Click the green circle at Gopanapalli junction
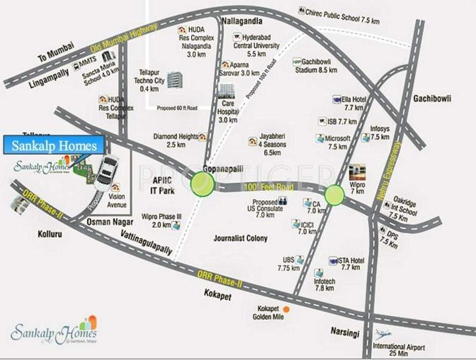pyautogui.click(x=202, y=183)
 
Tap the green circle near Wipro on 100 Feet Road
pyautogui.click(x=334, y=195)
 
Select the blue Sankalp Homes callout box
pyautogui.click(x=54, y=146)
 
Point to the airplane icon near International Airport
pyautogui.click(x=383, y=334)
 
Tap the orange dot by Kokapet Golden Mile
pyautogui.click(x=286, y=309)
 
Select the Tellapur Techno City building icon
pyautogui.click(x=175, y=80)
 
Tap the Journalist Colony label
pyautogui.click(x=240, y=238)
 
